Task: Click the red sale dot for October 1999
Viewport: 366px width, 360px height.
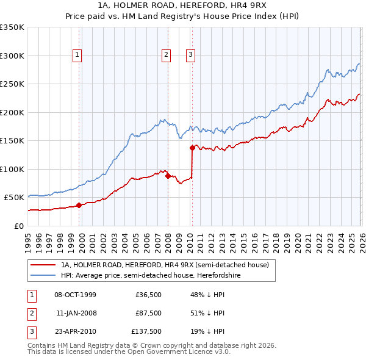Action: coord(79,205)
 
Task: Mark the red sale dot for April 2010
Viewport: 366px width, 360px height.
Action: coord(192,148)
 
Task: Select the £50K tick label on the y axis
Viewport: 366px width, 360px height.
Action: coord(15,198)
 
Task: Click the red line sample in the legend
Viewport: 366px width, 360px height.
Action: coord(44,265)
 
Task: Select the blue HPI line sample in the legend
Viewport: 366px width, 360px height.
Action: coord(44,276)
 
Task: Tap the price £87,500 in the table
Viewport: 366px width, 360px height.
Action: coord(148,313)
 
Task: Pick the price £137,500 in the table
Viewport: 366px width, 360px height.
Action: coord(146,331)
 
